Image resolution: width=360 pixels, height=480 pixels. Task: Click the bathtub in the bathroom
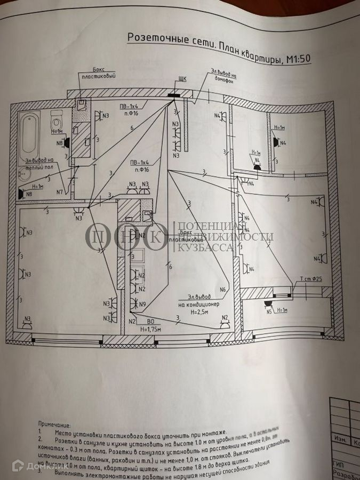point(30,133)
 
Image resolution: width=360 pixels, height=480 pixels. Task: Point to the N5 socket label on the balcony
point(269,311)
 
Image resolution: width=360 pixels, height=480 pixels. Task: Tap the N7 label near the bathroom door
point(60,192)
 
